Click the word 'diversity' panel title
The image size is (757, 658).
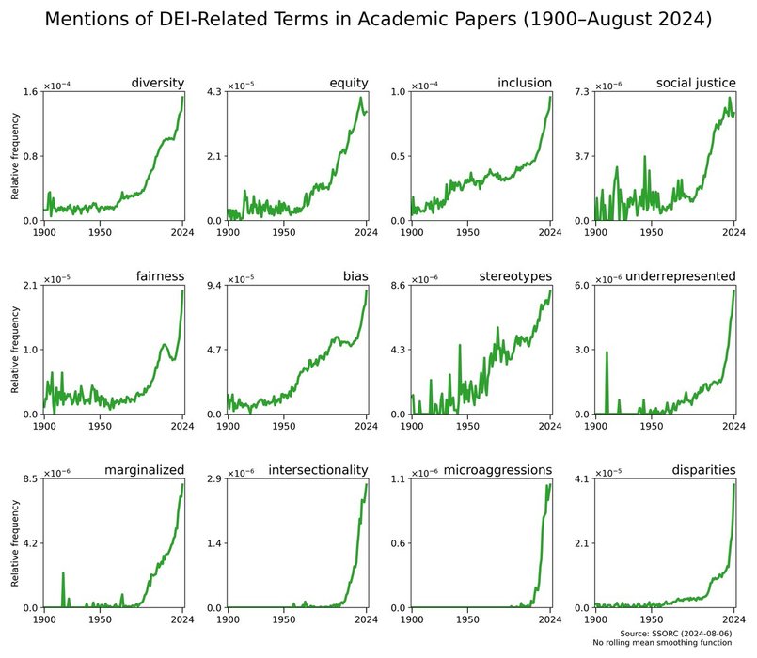pyautogui.click(x=157, y=83)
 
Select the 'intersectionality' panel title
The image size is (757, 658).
pyautogui.click(x=318, y=469)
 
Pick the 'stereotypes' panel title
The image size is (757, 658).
pyautogui.click(x=515, y=276)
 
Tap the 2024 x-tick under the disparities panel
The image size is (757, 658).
pyautogui.click(x=733, y=619)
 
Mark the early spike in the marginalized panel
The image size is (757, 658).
pyautogui.click(x=63, y=574)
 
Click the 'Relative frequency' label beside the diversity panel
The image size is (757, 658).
pyautogui.click(x=14, y=156)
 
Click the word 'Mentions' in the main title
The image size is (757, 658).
pyautogui.click(x=89, y=20)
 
